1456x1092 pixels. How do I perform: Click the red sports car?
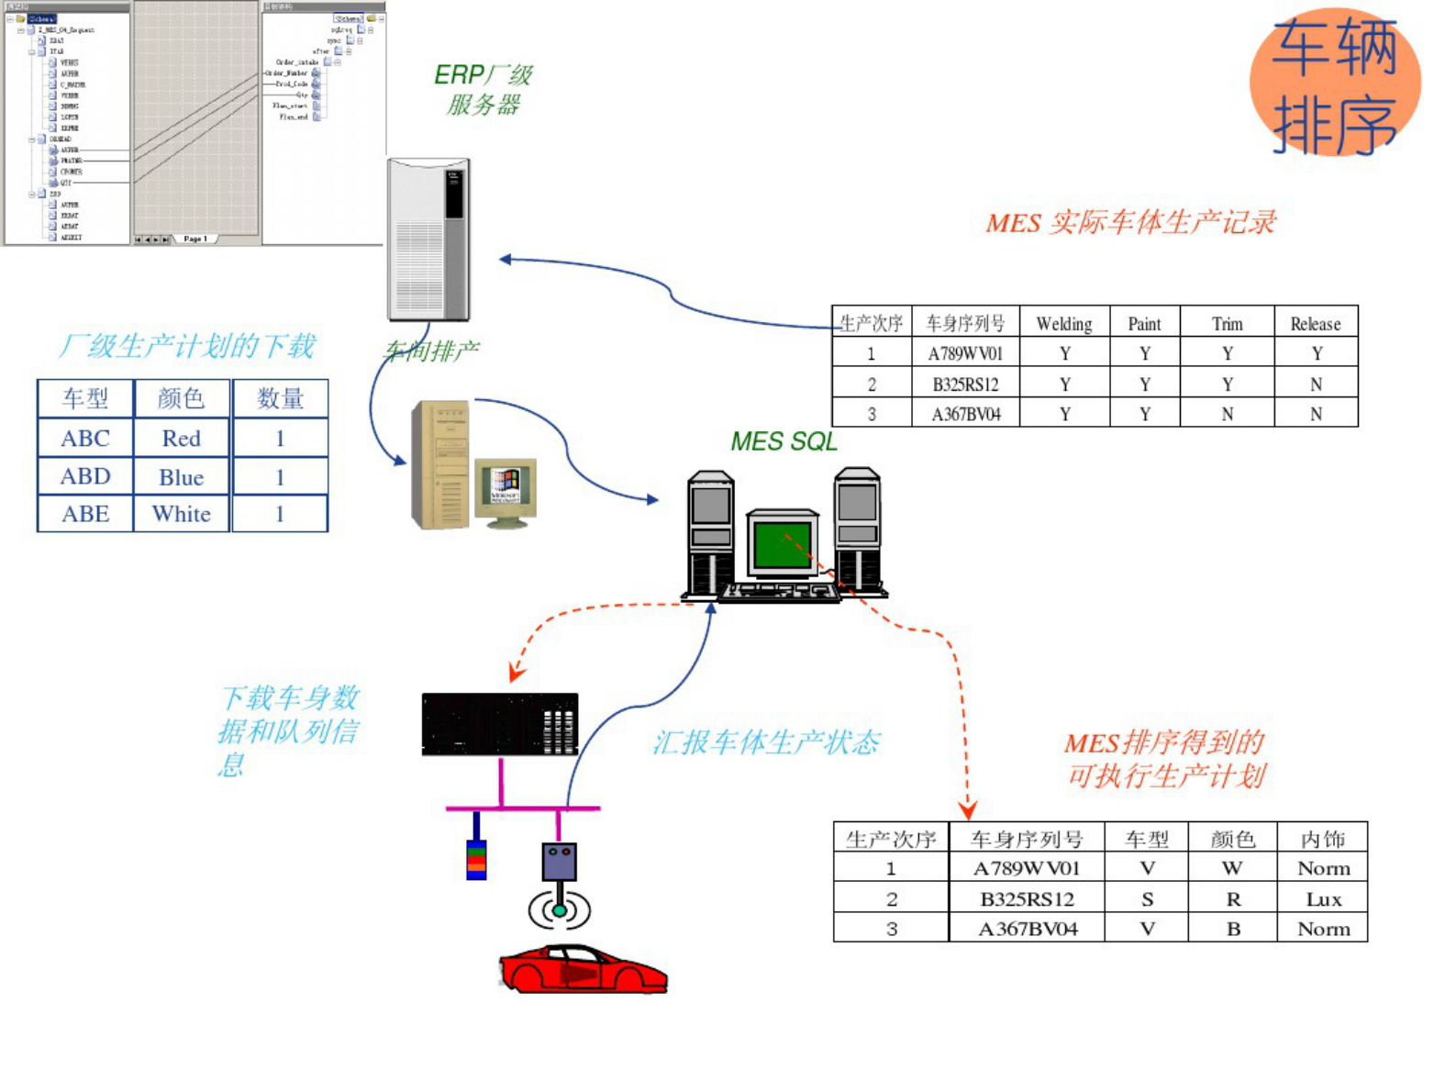coord(584,970)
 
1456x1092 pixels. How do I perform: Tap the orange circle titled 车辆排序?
coord(1335,83)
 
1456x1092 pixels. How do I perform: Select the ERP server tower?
coord(428,240)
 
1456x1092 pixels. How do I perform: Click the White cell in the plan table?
coord(182,514)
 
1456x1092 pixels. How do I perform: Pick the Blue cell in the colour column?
coord(182,477)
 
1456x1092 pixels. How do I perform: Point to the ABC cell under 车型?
coord(85,439)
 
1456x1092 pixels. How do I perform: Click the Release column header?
coord(1315,324)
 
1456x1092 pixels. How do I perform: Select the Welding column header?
coord(1064,324)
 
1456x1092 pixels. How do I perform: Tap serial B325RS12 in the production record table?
coord(965,384)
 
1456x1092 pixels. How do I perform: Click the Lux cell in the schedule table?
coord(1323,899)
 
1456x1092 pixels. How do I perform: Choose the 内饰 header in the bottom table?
coord(1322,839)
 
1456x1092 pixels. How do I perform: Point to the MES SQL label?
coord(784,442)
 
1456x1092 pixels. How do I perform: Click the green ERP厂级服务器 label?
coord(483,89)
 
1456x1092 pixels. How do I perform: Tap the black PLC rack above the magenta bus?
coord(500,724)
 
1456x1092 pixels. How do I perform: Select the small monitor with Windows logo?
coord(506,486)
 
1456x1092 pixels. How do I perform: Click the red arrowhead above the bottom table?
coord(968,810)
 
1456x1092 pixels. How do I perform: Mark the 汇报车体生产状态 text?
coord(766,742)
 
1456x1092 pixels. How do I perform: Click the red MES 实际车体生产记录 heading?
coord(1130,223)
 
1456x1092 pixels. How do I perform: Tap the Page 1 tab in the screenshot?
coord(195,239)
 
